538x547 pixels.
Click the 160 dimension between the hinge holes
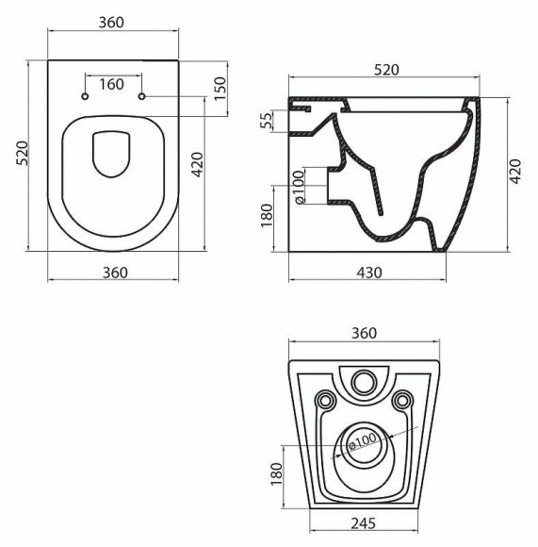112,85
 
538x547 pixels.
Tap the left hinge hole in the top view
85,98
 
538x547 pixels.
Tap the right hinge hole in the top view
141,98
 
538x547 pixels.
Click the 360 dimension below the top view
113,273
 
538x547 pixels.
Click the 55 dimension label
267,121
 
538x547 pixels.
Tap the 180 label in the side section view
267,216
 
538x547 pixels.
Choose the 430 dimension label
367,273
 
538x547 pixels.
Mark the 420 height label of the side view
514,173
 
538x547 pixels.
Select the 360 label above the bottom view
364,333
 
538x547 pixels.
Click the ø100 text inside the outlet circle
363,439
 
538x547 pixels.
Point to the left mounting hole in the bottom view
325,400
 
